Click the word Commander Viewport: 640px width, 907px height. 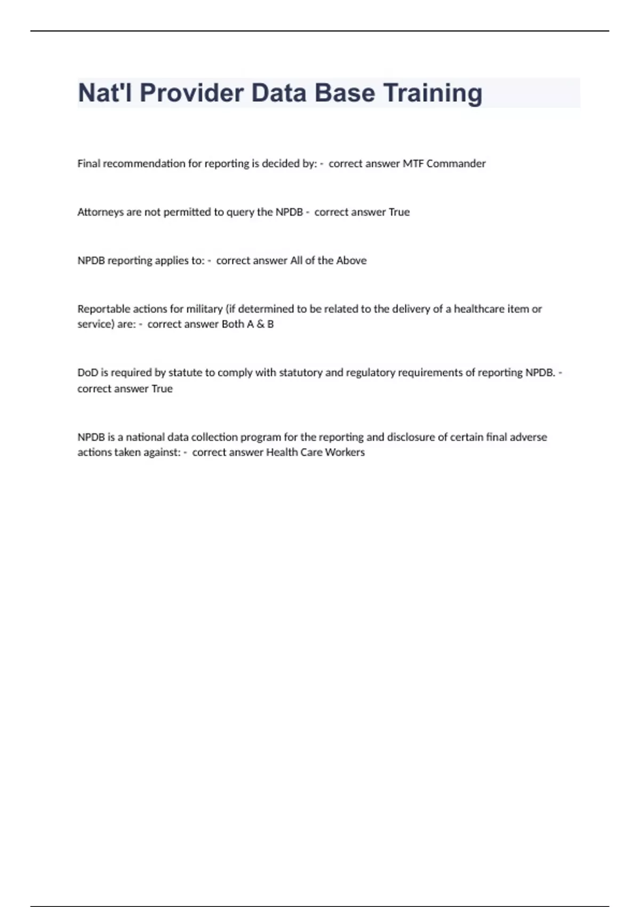pos(456,163)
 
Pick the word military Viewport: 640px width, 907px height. pos(204,309)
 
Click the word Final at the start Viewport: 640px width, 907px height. pos(89,163)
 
